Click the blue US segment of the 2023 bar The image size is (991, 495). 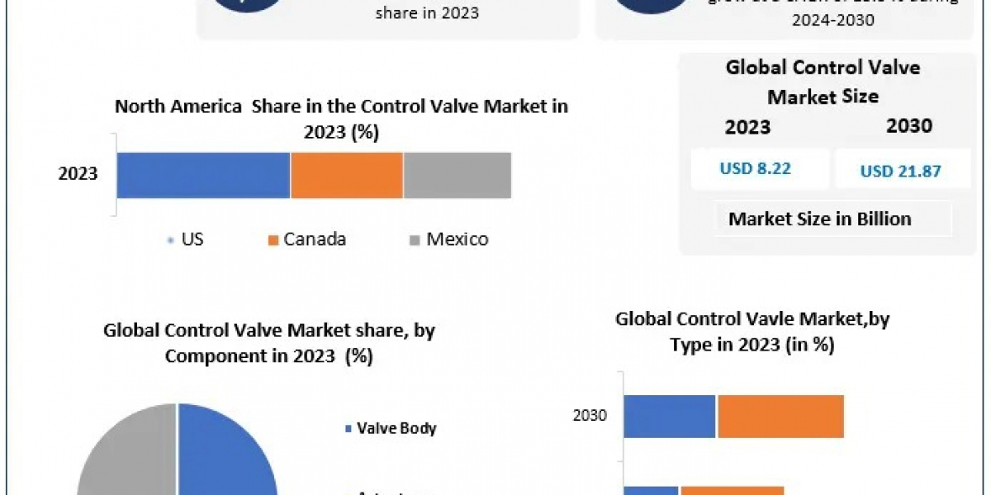tap(203, 175)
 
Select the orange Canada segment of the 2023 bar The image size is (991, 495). tap(347, 175)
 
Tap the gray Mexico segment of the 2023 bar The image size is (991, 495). tap(458, 175)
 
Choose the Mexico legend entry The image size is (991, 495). tap(448, 240)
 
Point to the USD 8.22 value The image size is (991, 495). tap(755, 169)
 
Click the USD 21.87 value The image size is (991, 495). tap(901, 171)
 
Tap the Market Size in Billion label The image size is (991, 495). tap(819, 219)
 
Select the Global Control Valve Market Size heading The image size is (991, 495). tap(823, 82)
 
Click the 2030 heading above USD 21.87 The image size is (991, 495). tap(909, 126)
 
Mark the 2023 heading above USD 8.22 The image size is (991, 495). tap(747, 127)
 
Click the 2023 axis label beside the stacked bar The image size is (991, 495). tap(78, 174)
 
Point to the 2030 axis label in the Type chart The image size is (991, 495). tap(590, 416)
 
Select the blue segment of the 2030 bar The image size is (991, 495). tap(669, 417)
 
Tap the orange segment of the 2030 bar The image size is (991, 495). tap(780, 417)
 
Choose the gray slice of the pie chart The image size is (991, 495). tap(128, 454)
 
